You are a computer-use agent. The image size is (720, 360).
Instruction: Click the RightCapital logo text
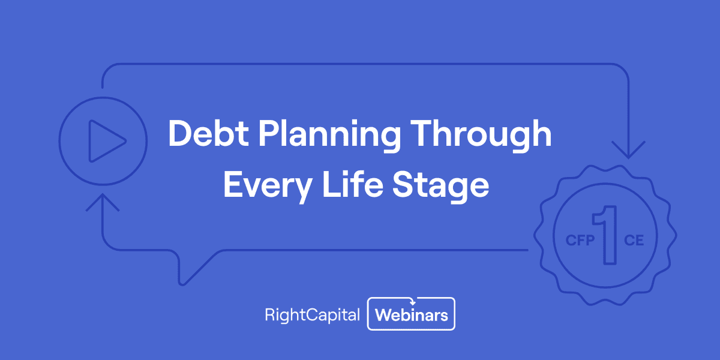click(312, 314)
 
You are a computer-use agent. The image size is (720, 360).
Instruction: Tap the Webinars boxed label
click(412, 314)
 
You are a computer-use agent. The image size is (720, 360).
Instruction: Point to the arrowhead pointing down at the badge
click(628, 151)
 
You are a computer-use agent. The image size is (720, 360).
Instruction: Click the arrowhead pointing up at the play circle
click(103, 202)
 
